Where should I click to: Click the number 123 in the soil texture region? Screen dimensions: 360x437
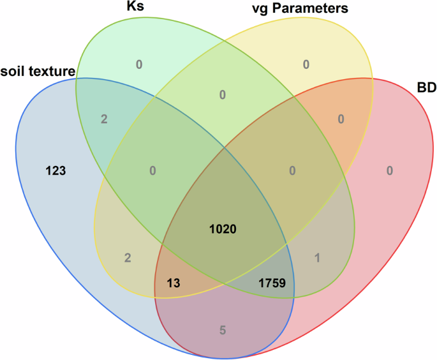click(57, 170)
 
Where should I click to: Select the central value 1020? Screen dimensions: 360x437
click(223, 228)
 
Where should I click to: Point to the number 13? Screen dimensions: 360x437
click(174, 281)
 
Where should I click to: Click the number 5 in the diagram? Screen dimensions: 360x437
click(223, 330)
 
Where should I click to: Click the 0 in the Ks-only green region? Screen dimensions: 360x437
click(138, 63)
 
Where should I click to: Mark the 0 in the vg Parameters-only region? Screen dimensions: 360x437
click(306, 63)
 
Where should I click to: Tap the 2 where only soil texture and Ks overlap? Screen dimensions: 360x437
click(103, 119)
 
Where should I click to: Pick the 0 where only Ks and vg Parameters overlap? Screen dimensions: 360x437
click(223, 95)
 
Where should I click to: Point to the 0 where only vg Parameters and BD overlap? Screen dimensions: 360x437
click(341, 119)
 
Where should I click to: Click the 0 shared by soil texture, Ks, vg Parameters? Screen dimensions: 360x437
click(152, 170)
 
